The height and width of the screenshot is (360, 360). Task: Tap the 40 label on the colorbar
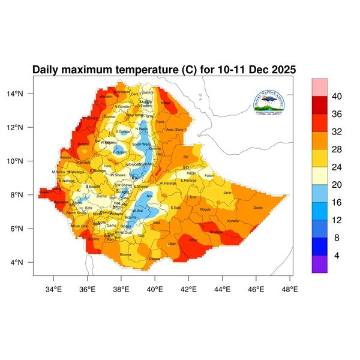[337, 96]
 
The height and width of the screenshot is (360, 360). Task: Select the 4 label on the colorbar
[337, 255]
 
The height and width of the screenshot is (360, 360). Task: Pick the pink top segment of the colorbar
[319, 86]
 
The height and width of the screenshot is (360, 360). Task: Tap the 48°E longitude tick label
[290, 289]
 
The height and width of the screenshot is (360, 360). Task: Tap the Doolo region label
[258, 208]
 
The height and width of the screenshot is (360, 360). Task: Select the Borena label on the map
[125, 254]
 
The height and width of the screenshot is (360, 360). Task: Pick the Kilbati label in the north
[166, 103]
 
